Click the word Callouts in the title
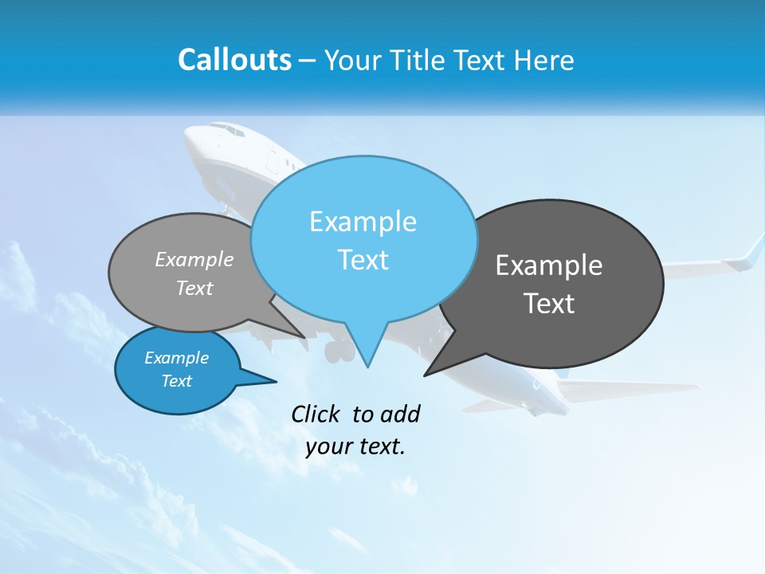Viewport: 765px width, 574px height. point(234,60)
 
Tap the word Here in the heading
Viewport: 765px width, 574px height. point(544,60)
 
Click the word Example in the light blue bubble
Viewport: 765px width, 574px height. point(363,222)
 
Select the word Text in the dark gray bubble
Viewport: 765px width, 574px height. point(549,304)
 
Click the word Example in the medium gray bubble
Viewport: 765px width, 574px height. point(194,259)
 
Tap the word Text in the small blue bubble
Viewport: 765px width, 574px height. point(176,381)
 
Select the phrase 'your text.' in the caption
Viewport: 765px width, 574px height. point(355,446)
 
